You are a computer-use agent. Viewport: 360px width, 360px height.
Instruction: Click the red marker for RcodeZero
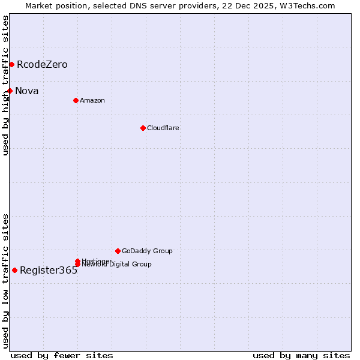(x=11, y=64)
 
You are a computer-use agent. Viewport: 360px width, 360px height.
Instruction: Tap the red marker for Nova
(x=10, y=91)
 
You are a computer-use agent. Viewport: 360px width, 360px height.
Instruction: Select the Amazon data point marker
(x=76, y=100)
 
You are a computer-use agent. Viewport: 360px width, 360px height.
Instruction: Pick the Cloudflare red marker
(x=143, y=128)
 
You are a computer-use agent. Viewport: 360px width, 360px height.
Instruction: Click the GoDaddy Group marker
(x=118, y=251)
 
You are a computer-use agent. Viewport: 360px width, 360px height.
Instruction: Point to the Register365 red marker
(x=14, y=270)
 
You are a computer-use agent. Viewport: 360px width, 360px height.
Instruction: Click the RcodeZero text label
(x=42, y=65)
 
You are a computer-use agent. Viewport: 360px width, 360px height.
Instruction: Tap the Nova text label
(x=27, y=91)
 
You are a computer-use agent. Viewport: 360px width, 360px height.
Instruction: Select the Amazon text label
(x=92, y=101)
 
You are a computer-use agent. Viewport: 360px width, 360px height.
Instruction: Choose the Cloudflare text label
(x=163, y=128)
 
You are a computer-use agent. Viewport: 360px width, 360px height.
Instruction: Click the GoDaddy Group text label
(x=147, y=251)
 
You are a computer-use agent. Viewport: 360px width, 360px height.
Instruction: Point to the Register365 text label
(x=49, y=271)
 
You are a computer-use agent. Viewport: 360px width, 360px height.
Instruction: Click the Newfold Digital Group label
(x=116, y=265)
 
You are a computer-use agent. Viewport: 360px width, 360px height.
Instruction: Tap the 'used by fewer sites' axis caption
(x=62, y=355)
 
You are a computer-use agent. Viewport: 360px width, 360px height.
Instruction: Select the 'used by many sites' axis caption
(x=301, y=355)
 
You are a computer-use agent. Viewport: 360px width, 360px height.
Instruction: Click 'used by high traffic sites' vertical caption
(x=5, y=85)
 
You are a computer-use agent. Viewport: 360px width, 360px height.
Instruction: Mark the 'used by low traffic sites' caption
(x=5, y=281)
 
